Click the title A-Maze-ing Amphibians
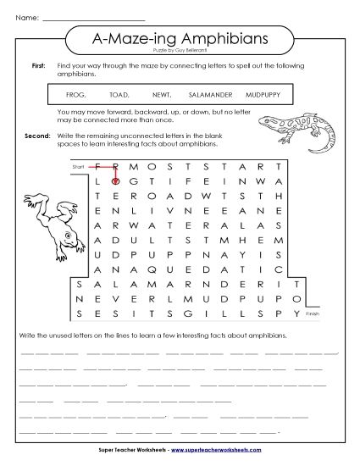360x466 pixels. coord(179,38)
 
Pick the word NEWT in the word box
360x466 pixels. coord(162,94)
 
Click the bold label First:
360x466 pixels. coord(37,65)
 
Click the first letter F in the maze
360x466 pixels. coord(99,165)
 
